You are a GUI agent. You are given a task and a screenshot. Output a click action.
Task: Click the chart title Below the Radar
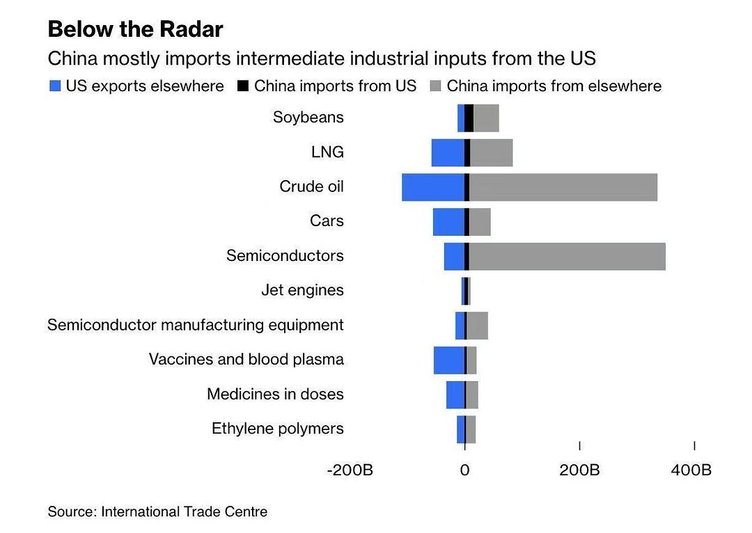135,30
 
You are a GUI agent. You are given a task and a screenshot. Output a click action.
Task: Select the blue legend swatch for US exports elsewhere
56,86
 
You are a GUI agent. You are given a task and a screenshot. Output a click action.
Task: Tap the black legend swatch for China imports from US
243,86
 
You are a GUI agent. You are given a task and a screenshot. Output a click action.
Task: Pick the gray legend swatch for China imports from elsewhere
436,86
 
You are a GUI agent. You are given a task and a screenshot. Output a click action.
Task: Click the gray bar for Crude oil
563,187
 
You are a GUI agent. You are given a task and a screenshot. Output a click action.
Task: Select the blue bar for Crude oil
432,187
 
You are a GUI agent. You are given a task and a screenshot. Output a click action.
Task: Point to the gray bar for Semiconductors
567,256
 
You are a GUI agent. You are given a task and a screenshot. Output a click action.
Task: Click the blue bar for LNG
447,152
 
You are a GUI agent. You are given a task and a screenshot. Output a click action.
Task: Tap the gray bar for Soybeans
486,118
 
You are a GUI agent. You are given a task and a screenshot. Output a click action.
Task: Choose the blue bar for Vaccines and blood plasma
448,360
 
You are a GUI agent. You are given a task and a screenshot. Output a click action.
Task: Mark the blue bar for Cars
448,222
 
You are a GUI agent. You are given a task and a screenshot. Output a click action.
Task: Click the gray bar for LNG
491,152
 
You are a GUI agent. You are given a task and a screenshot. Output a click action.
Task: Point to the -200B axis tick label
350,470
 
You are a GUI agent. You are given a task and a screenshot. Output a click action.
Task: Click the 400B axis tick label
691,470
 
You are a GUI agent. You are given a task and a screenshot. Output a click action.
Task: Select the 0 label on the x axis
464,470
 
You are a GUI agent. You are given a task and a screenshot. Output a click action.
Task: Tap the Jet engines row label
302,290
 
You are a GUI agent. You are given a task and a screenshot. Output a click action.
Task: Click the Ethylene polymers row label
277,429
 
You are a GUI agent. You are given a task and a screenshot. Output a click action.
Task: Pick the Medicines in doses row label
275,395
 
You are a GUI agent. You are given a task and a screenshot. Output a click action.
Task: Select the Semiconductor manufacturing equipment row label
195,325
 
